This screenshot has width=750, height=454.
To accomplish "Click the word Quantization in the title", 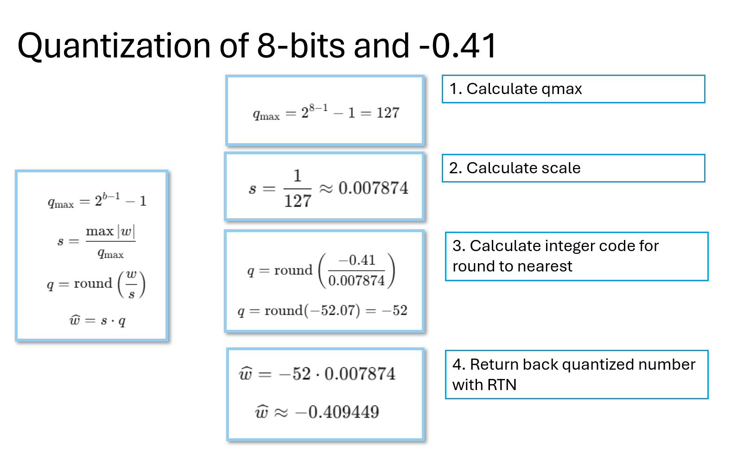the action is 114,46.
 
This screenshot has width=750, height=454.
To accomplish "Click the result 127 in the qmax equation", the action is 388,113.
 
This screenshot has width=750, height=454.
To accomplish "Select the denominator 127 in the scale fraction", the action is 298,201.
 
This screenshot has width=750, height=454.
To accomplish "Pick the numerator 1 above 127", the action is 297,176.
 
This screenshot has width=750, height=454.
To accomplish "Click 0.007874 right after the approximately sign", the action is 373,188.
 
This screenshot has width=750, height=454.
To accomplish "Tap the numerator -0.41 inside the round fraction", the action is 357,260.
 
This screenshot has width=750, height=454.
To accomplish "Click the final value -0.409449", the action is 337,412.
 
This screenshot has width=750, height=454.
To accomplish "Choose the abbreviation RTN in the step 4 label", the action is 502,385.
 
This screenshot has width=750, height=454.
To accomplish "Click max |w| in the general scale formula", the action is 110,231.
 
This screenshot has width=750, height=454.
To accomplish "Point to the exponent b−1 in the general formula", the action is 111,195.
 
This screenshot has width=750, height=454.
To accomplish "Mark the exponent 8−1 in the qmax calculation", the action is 318,108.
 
